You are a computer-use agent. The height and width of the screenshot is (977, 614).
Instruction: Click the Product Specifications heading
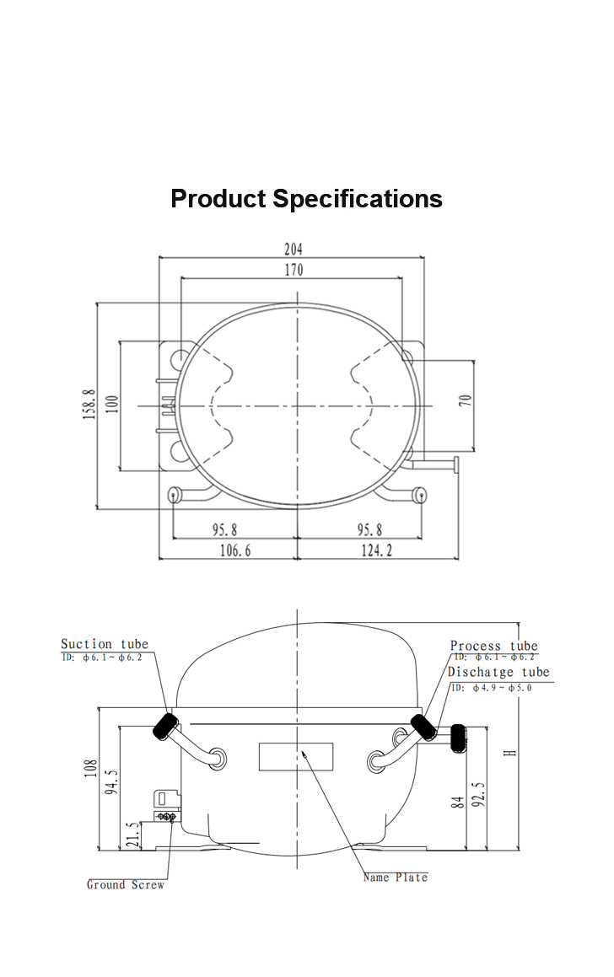[306, 199]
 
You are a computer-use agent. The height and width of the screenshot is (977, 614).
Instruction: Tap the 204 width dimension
[294, 250]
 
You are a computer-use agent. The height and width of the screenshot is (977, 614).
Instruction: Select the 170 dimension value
[294, 270]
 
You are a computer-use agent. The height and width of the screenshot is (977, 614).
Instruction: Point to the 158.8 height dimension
[89, 405]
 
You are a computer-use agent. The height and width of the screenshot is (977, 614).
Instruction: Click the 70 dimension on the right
[465, 400]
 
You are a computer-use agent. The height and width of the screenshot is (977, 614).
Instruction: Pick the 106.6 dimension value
[235, 550]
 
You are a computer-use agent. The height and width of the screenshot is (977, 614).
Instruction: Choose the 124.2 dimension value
[376, 550]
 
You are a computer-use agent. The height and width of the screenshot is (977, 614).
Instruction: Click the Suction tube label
[105, 644]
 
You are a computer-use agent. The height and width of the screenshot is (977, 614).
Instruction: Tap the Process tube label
[493, 646]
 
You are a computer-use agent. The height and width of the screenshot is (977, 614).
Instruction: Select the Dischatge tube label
[498, 672]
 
